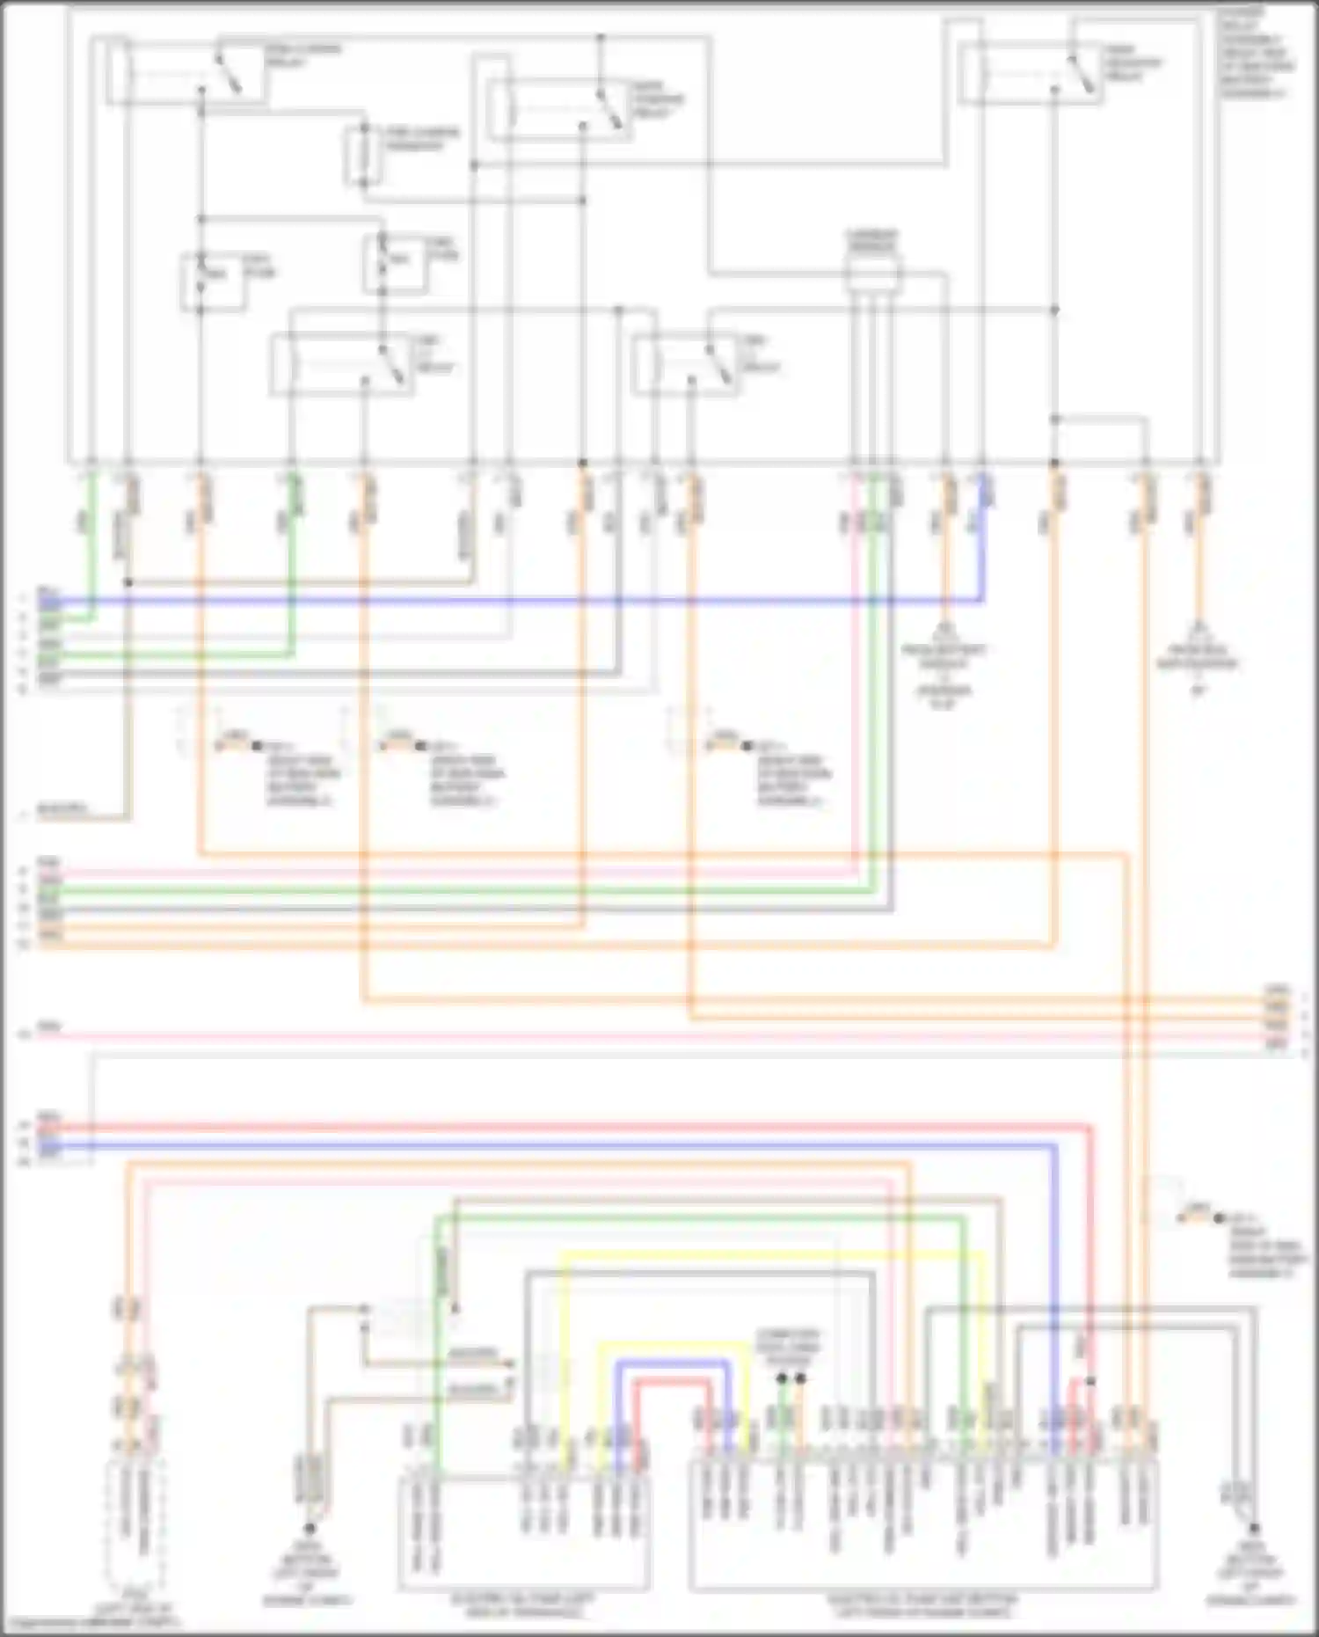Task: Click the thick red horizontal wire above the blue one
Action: pos(563,1127)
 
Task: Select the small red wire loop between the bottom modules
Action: pos(673,1383)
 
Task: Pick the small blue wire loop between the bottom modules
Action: pos(673,1363)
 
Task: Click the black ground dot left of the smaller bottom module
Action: pos(310,1529)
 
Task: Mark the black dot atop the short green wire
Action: pos(782,1378)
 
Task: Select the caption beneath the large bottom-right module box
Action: pos(923,1606)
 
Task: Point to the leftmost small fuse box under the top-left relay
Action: pos(213,281)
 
